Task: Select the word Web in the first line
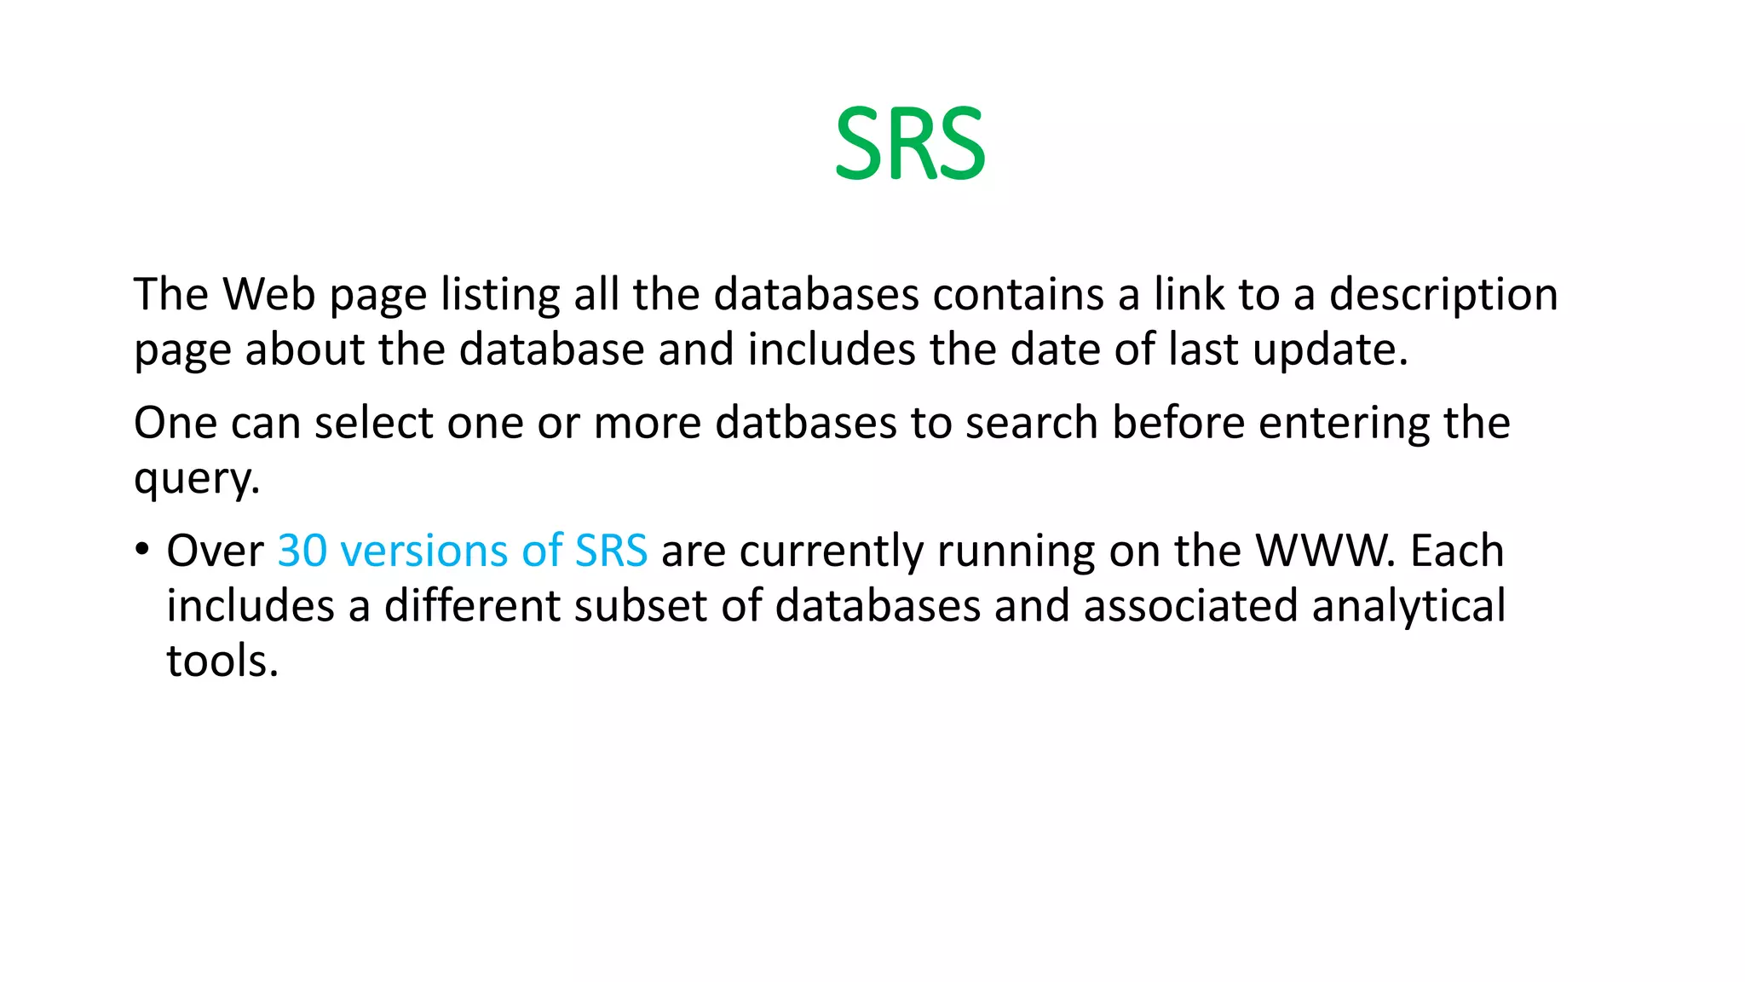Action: tap(269, 294)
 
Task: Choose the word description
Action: tap(1443, 296)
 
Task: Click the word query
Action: tap(196, 479)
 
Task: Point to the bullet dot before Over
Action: tap(142, 548)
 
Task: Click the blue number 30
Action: tap(302, 551)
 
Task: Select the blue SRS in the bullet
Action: tap(611, 551)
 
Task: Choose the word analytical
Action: tap(1408, 606)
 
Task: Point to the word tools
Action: tap(222, 661)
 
